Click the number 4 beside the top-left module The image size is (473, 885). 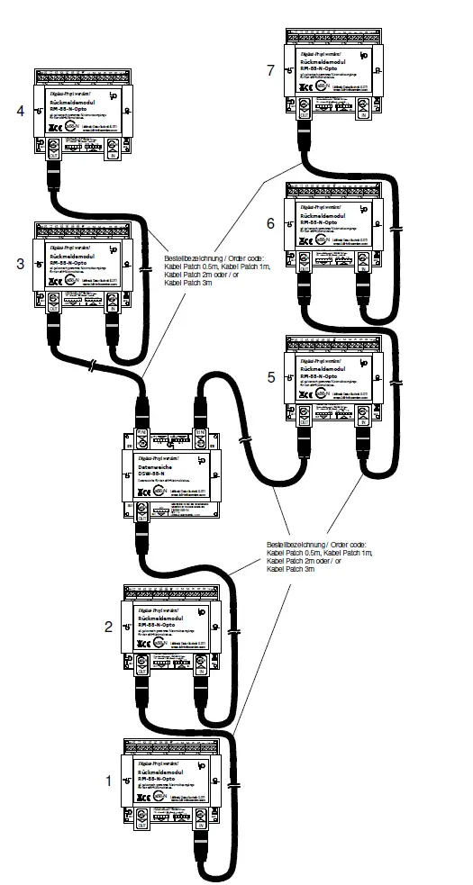pos(20,111)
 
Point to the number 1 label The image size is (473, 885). pos(109,781)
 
